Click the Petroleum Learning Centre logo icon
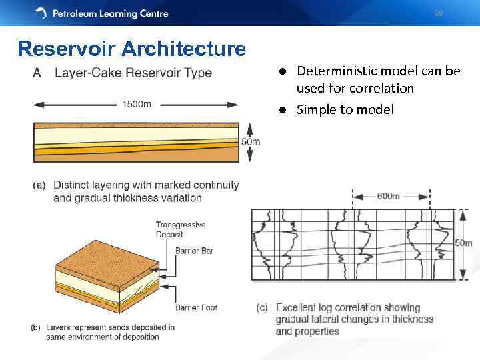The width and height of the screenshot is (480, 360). click(x=41, y=13)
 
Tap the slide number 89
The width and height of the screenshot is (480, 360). click(x=438, y=13)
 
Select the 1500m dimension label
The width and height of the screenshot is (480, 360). click(x=137, y=104)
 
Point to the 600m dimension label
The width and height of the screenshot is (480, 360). click(x=388, y=196)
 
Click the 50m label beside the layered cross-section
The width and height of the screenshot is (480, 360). click(x=251, y=141)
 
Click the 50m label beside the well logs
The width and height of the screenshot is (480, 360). click(x=463, y=243)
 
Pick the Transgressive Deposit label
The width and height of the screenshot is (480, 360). click(x=180, y=229)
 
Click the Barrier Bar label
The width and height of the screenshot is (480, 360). click(x=194, y=251)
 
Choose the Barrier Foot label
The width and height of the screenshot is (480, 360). click(x=196, y=307)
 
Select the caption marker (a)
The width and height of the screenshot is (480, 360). click(x=39, y=185)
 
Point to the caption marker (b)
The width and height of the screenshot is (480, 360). click(x=37, y=327)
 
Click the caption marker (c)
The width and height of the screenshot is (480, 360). click(x=262, y=308)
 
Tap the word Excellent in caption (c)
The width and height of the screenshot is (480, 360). click(x=297, y=308)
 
